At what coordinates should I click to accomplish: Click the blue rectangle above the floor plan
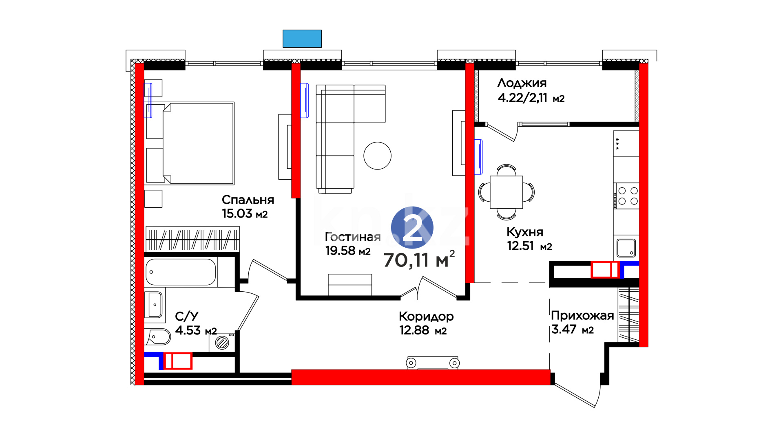[x=302, y=39]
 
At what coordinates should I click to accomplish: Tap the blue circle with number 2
[x=412, y=227]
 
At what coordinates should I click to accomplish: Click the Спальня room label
[x=248, y=200]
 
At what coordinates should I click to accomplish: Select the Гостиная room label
[x=353, y=237]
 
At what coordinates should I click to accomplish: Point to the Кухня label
[x=525, y=232]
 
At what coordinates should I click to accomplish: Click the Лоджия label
[x=522, y=83]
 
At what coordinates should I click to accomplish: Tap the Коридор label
[x=426, y=316]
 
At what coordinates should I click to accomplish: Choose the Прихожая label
[x=582, y=315]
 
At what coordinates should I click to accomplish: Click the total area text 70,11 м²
[x=419, y=260]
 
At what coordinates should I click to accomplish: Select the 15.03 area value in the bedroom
[x=237, y=213]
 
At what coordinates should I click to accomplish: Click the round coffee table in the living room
[x=377, y=156]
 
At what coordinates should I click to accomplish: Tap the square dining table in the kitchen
[x=506, y=192]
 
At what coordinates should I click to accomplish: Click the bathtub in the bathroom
[x=181, y=272]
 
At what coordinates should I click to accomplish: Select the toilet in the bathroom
[x=157, y=337]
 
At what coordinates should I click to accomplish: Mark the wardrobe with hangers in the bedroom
[x=192, y=239]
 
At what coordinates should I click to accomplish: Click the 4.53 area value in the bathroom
[x=188, y=330]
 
